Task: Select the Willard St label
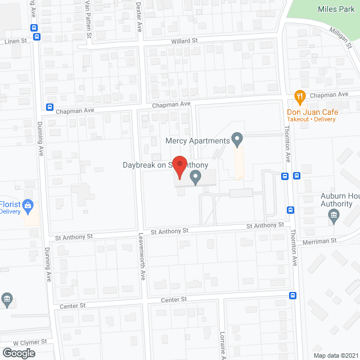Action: tap(185, 40)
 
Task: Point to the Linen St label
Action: tap(16, 41)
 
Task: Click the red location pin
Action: tap(179, 166)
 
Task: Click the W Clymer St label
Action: tap(29, 342)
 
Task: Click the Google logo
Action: tap(18, 353)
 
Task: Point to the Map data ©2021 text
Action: tap(335, 355)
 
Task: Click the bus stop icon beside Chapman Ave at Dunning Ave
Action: tap(49, 107)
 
